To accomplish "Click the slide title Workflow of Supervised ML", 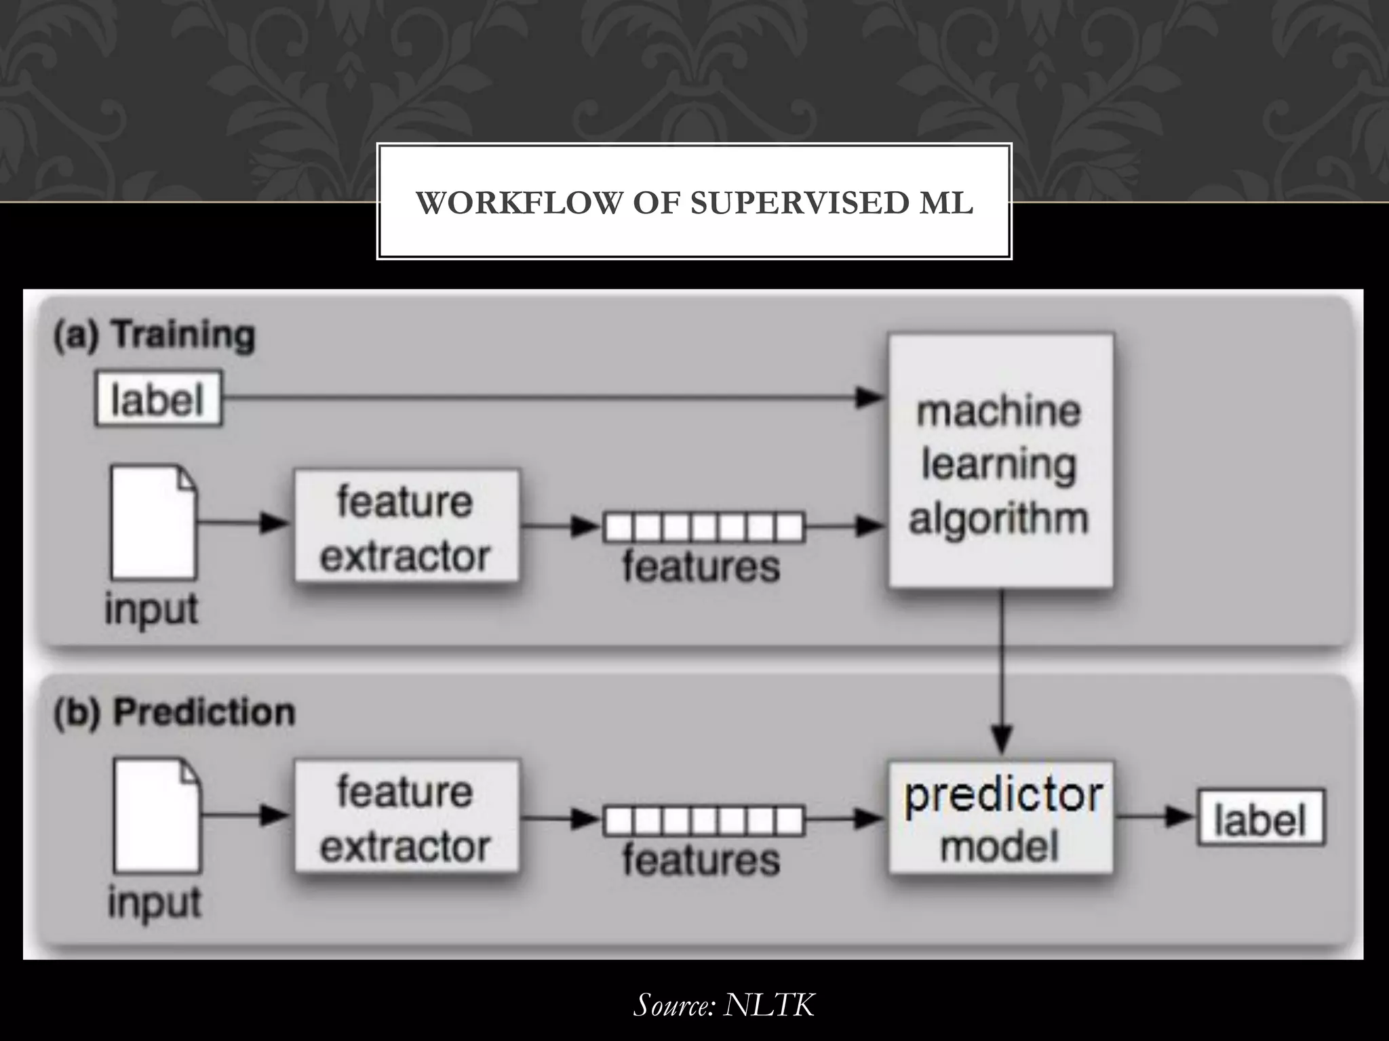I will [x=694, y=203].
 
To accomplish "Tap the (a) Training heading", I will [x=155, y=335].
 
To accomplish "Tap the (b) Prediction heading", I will [x=174, y=713].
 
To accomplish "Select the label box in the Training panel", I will [x=158, y=399].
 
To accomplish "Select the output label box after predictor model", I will [x=1260, y=817].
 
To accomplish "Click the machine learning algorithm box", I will [x=1000, y=461].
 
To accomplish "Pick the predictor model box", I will [x=1000, y=817].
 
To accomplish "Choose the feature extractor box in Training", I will [x=406, y=526].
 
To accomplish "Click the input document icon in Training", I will [x=154, y=522].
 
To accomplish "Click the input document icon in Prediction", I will [x=157, y=815].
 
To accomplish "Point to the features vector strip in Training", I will [x=703, y=527].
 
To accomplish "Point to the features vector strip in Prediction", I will [x=703, y=821].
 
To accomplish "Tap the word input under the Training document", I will [x=151, y=609].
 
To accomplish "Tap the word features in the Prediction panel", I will [x=701, y=860].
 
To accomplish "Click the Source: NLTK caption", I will [x=724, y=1004].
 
